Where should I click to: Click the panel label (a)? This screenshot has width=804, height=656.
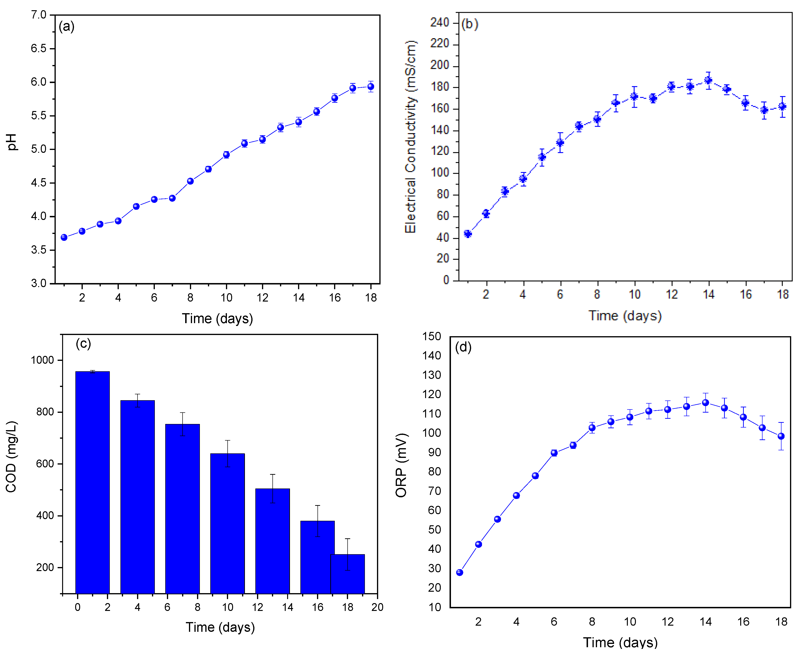(66, 26)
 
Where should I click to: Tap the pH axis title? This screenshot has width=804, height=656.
(12, 142)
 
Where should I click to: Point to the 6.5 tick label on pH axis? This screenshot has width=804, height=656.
(38, 48)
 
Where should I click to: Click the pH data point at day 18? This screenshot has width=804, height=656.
(371, 87)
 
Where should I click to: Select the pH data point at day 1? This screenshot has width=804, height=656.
(64, 237)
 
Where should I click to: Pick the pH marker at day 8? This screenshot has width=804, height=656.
(190, 181)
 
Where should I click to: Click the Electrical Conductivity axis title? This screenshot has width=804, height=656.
(410, 137)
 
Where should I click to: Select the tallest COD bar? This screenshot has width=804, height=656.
(92, 482)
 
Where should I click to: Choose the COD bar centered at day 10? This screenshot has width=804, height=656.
(227, 523)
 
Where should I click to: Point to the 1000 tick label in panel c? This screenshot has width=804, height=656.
(42, 360)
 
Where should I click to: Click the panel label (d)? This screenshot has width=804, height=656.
(463, 347)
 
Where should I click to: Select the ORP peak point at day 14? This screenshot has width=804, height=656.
(705, 403)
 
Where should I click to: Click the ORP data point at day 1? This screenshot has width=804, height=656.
(459, 572)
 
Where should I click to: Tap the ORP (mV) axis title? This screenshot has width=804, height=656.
(401, 465)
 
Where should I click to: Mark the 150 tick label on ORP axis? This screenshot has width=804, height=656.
(432, 336)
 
